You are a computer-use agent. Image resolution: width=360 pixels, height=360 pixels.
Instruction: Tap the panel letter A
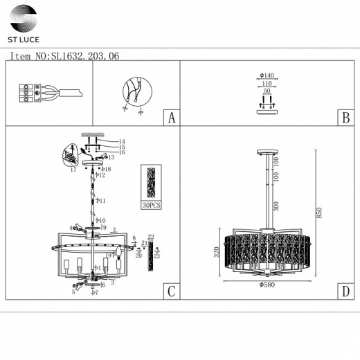click(170, 118)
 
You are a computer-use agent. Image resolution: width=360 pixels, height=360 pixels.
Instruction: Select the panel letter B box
click(344, 118)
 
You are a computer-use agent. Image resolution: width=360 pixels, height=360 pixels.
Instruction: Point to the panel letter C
click(170, 291)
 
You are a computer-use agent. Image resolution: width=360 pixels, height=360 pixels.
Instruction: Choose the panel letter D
click(344, 291)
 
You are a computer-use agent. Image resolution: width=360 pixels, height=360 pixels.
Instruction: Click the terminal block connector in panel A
click(25, 93)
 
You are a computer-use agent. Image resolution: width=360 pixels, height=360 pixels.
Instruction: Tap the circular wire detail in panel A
click(133, 90)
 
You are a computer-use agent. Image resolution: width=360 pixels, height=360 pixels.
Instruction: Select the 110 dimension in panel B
click(267, 82)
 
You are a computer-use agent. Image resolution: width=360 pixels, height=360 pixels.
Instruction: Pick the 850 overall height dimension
click(320, 214)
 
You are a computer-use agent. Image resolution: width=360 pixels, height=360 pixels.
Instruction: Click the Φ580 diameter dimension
click(266, 283)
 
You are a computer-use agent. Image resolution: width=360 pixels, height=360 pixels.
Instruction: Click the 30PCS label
click(150, 206)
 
